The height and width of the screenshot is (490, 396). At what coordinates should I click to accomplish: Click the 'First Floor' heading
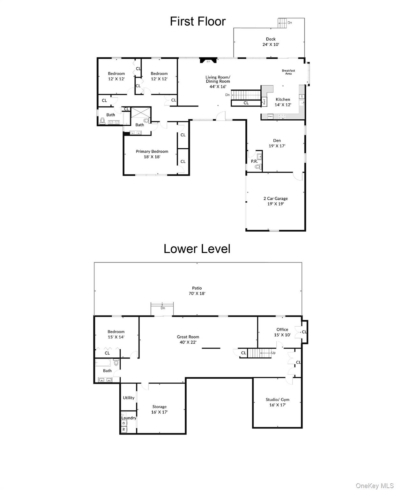[198, 21]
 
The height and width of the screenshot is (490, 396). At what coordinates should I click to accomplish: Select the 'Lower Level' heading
[197, 249]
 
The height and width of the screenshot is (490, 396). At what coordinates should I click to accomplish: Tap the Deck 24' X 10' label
[271, 42]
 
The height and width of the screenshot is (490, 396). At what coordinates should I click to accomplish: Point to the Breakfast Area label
[288, 72]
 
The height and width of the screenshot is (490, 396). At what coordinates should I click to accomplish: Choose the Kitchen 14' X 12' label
[283, 102]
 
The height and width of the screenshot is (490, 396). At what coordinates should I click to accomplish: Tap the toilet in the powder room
[258, 167]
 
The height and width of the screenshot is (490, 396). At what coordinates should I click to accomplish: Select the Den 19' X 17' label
[277, 143]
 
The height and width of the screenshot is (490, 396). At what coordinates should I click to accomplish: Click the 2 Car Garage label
[275, 201]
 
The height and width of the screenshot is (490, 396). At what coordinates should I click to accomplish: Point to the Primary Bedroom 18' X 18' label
[152, 154]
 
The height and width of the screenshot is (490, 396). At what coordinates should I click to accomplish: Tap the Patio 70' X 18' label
[197, 291]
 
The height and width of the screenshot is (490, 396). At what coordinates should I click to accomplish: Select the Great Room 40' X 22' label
[188, 339]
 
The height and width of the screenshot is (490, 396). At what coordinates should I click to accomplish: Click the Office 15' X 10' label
[282, 332]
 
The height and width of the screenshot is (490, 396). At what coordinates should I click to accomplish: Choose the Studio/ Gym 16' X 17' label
[277, 402]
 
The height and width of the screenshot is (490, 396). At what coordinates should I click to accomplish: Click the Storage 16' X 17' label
[159, 409]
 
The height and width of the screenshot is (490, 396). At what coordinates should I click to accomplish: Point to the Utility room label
[129, 398]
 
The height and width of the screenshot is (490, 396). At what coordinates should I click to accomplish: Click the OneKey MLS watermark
[375, 486]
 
